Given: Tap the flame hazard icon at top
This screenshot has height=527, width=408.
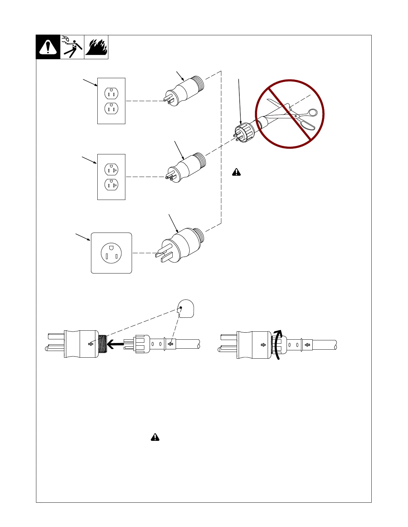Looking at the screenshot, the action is [x=96, y=47].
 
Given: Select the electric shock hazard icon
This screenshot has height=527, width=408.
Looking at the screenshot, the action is [x=72, y=47].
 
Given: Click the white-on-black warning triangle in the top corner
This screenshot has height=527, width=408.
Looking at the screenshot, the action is [x=48, y=47].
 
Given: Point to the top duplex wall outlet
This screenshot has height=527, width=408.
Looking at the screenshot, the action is [x=111, y=101].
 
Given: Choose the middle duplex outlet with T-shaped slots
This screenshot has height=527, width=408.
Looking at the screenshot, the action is [x=111, y=177].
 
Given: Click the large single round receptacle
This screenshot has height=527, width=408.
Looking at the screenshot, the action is [x=111, y=253].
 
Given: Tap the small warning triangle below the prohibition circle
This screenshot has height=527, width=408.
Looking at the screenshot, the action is [x=236, y=172].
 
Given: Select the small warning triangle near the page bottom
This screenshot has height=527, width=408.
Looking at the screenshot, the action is [x=155, y=437].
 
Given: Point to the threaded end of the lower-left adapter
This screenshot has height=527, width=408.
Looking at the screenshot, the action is [x=103, y=344].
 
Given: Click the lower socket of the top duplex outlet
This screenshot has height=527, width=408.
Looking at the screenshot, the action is [x=111, y=108].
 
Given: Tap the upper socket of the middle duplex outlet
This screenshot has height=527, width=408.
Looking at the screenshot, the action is [x=111, y=170].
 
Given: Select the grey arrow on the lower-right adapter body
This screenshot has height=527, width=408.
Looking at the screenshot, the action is [x=263, y=345].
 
